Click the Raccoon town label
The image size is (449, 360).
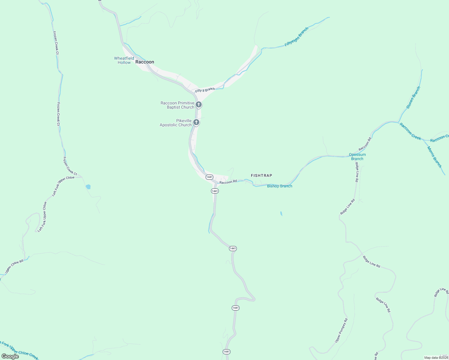pyautogui.click(x=145, y=62)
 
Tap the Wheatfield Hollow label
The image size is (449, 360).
pyautogui.click(x=124, y=60)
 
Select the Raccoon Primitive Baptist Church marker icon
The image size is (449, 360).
pyautogui.click(x=198, y=105)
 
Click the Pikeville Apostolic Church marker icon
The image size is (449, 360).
pyautogui.click(x=196, y=122)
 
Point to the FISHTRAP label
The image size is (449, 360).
pyautogui.click(x=261, y=175)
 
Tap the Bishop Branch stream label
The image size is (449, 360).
pyautogui.click(x=279, y=186)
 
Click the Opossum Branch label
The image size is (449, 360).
pyautogui.click(x=357, y=157)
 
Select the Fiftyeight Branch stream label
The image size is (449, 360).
pyautogui.click(x=296, y=37)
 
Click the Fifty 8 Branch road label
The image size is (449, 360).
pyautogui.click(x=205, y=90)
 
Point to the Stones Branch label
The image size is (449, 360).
pyautogui.click(x=413, y=97)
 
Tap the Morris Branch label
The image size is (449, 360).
pyautogui.click(x=434, y=157)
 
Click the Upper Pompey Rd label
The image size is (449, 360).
pyautogui.click(x=341, y=330)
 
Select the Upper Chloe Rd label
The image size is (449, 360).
pyautogui.click(x=14, y=266)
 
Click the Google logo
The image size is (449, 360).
pyautogui.click(x=10, y=356)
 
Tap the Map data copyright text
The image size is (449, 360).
pyautogui.click(x=436, y=358)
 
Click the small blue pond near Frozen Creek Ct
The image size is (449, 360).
pyautogui.click(x=88, y=187)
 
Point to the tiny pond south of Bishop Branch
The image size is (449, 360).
pyautogui.click(x=281, y=214)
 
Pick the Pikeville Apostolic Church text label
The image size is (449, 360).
pyautogui.click(x=176, y=123)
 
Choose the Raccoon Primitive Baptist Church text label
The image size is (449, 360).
pyautogui.click(x=177, y=105)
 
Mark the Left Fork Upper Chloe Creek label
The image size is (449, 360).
pyautogui.click(x=20, y=350)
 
